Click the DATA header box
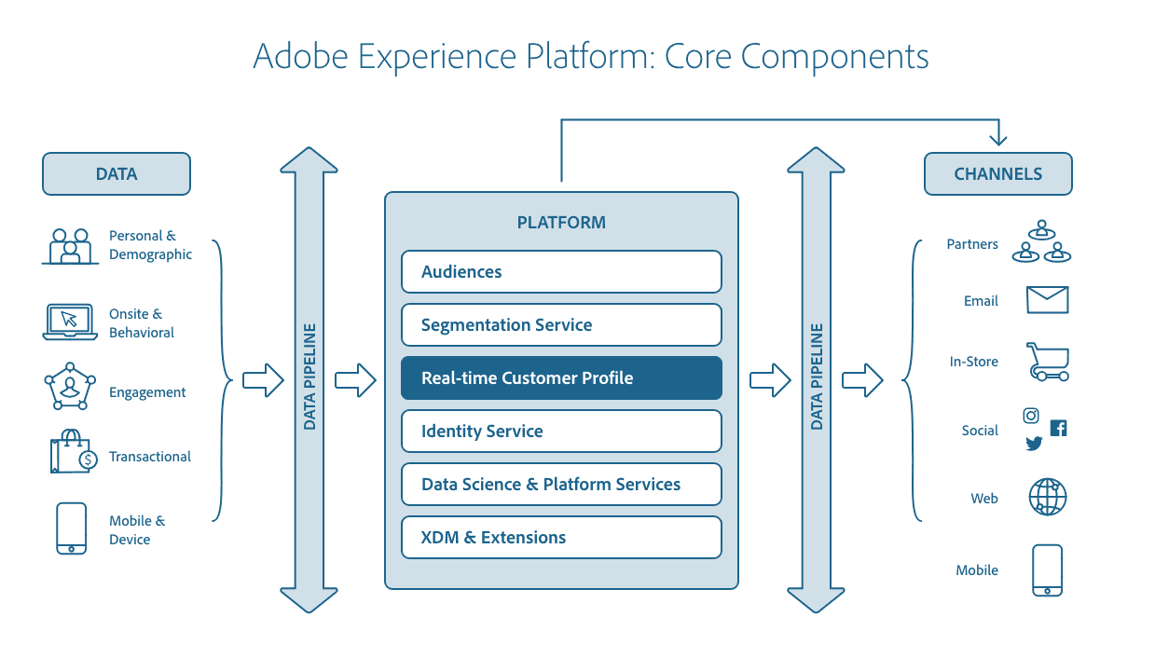pos(117,174)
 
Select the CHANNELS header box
pos(997,174)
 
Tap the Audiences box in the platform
pos(561,272)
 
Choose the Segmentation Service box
pos(561,325)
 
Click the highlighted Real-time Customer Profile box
pos(561,378)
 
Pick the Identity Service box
pos(561,432)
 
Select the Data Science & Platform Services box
pos(561,485)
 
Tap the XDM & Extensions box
pos(561,538)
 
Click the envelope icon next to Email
pos(1047,300)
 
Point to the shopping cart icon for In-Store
pos(1048,362)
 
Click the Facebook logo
pos(1058,428)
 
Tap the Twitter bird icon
pos(1034,444)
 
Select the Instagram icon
pos(1031,416)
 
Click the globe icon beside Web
pos(1048,498)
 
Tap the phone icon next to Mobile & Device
pos(71,529)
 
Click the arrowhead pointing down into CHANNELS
pos(998,138)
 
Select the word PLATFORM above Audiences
pos(561,223)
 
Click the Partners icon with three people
pos(1041,242)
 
